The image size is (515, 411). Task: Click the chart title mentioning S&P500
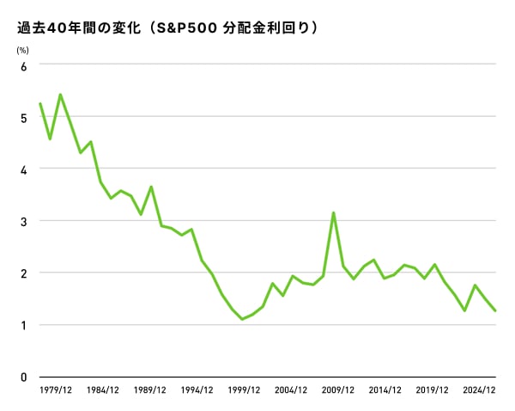[x=167, y=28]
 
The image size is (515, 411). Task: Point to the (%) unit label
[x=23, y=49]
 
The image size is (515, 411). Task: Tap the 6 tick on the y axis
[x=23, y=65]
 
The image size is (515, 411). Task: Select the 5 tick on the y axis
[x=23, y=117]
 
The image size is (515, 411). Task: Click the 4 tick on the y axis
[x=23, y=169]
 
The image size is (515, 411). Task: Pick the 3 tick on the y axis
[x=23, y=221]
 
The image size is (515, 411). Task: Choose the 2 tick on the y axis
[x=23, y=273]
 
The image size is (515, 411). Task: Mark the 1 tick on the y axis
[x=23, y=325]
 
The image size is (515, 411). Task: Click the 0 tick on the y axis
[x=23, y=377]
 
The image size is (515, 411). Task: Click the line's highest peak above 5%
[x=60, y=95]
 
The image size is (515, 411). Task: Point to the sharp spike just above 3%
[x=333, y=212]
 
